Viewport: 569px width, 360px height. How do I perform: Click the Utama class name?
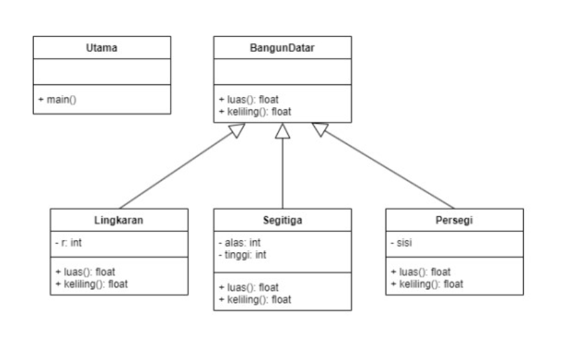click(x=102, y=48)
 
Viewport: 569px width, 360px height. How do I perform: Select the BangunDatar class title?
click(x=282, y=48)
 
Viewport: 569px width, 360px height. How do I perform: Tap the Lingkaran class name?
click(x=119, y=220)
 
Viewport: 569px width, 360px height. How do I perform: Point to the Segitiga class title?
click(x=282, y=220)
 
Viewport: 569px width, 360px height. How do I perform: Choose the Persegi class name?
click(x=454, y=220)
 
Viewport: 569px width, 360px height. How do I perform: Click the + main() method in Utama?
click(x=58, y=99)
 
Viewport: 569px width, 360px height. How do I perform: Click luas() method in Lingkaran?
click(x=85, y=272)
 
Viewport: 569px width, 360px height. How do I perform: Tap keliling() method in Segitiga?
click(x=254, y=299)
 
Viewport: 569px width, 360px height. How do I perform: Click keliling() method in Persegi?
click(x=426, y=283)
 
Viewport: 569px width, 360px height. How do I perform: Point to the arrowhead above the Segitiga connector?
click(x=282, y=131)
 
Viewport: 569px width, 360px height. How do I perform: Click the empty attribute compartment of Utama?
click(x=102, y=72)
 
